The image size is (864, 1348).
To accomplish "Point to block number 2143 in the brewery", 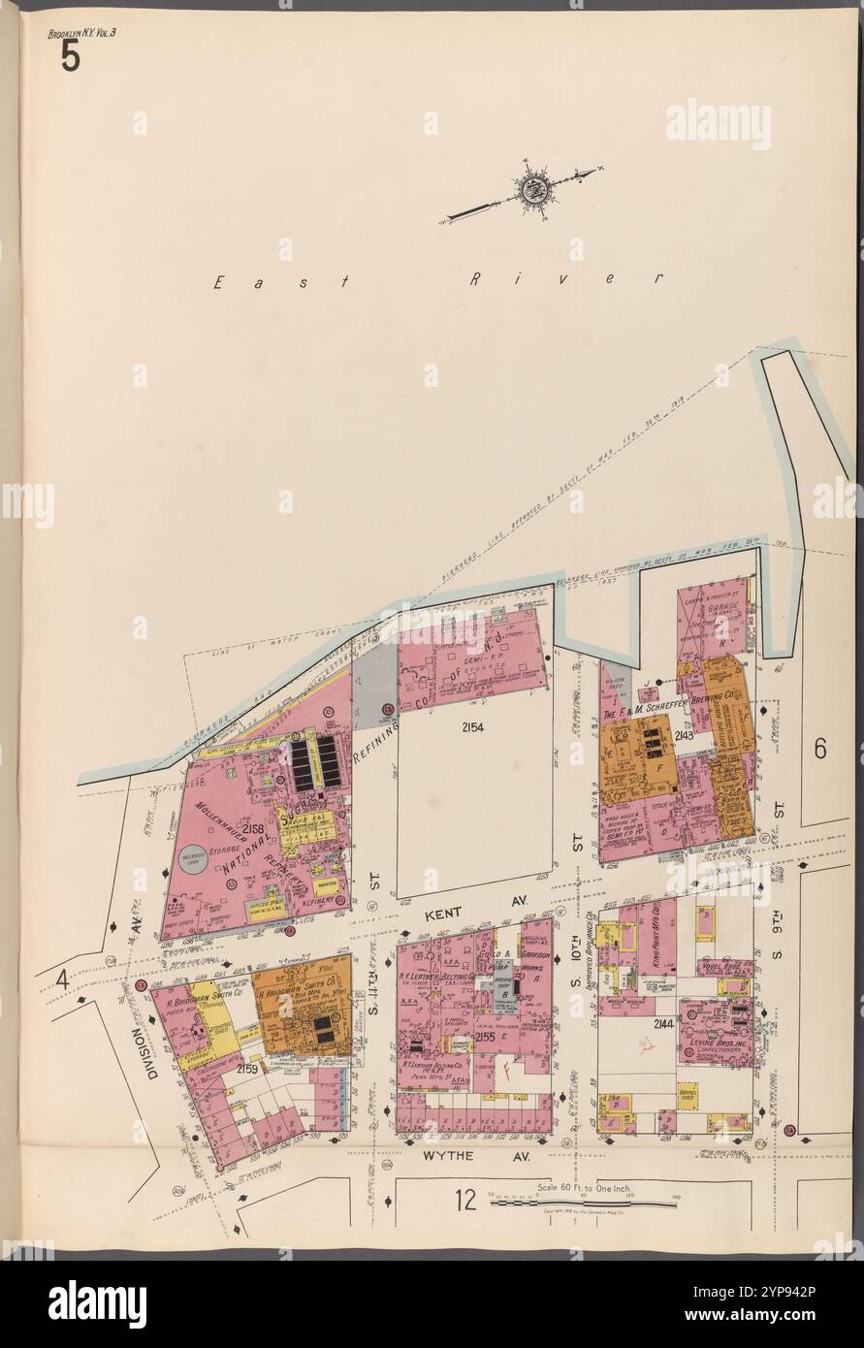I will coord(684,737).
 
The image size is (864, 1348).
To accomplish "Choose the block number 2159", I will coord(245,1069).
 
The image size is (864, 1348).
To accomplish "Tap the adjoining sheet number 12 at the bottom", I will coord(465,1201).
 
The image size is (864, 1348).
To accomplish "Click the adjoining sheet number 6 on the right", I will coord(820,750).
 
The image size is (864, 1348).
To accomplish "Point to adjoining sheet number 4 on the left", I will coord(62,979).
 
